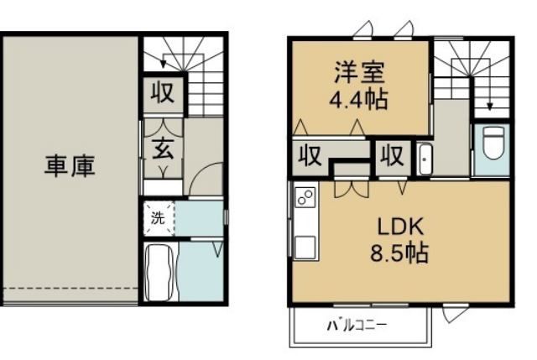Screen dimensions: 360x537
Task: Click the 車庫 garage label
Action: pyautogui.click(x=70, y=165)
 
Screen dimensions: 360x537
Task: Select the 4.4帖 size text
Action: pyautogui.click(x=357, y=99)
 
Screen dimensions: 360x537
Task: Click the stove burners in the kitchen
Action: pyautogui.click(x=305, y=200)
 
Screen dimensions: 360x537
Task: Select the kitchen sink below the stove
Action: pyautogui.click(x=304, y=247)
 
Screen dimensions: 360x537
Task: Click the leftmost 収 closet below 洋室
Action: pyautogui.click(x=310, y=158)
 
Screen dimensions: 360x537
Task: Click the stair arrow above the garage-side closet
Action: pyautogui.click(x=165, y=60)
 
